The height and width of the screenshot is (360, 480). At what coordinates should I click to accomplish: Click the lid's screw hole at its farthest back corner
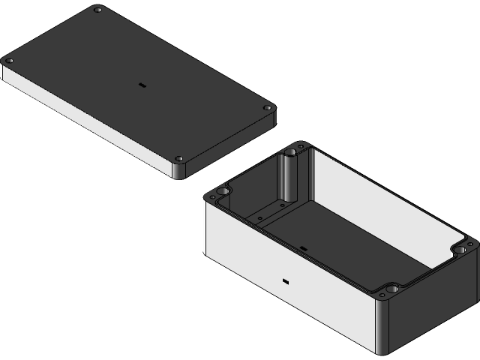[97, 10]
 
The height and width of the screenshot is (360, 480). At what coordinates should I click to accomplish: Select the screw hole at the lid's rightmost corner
[267, 109]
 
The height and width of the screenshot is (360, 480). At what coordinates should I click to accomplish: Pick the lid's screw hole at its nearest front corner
[179, 159]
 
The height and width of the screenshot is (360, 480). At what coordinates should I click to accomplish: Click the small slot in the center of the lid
[140, 85]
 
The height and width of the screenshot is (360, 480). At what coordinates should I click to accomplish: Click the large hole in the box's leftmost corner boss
[223, 193]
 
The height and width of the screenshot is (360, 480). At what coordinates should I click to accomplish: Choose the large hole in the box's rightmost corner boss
[460, 247]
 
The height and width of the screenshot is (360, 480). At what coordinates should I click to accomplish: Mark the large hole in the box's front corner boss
[391, 288]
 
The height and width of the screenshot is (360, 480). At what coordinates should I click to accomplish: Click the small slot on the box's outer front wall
[286, 282]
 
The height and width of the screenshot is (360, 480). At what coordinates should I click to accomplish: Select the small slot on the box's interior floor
[304, 247]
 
